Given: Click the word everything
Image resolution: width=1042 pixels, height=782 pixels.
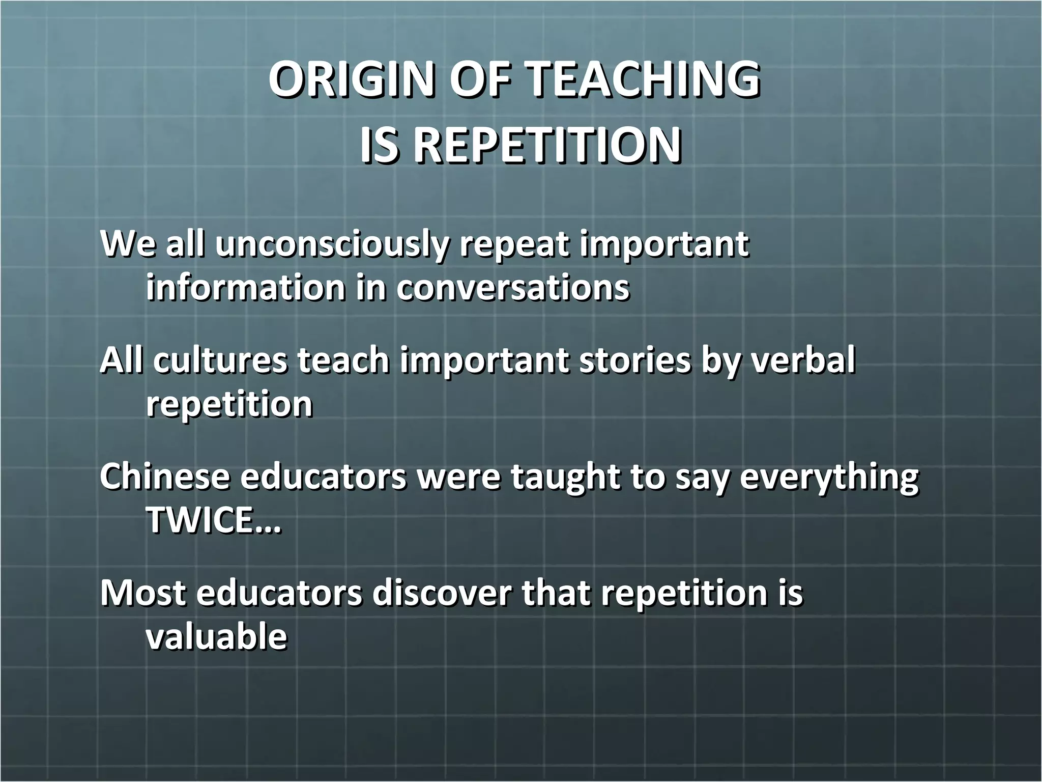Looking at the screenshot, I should click(829, 478).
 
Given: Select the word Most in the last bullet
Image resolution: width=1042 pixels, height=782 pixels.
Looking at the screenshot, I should click(143, 593).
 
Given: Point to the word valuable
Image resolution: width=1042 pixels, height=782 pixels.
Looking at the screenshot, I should click(216, 636).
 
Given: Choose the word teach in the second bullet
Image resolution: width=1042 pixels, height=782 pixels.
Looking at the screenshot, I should click(343, 360).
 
